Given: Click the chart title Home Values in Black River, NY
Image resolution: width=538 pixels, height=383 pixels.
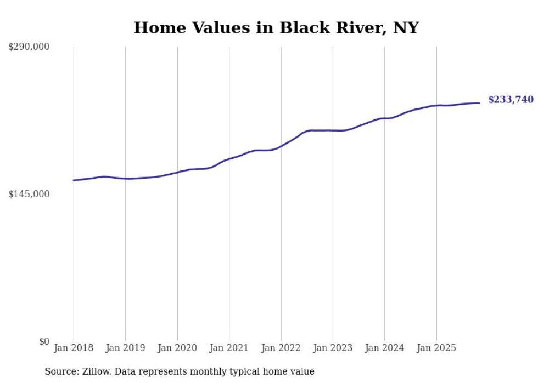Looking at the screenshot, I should point(276,27).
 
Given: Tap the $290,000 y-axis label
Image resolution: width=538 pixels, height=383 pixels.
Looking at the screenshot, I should point(29,47).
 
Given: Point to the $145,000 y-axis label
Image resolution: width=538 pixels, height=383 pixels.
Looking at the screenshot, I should point(29,195).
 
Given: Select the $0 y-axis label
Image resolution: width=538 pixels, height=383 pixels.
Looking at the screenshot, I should point(44,342).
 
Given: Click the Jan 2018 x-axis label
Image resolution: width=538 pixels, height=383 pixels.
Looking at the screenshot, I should point(74,348).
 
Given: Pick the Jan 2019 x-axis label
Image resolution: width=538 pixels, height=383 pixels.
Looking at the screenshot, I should point(125,348).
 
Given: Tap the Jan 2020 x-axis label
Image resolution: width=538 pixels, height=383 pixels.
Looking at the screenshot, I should point(177,348).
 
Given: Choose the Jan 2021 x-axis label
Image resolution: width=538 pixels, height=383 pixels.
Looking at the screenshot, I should point(229,348).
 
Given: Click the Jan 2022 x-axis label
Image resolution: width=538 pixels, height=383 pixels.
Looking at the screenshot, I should point(281,348).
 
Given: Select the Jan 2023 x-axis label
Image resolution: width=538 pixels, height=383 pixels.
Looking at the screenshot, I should point(333,348).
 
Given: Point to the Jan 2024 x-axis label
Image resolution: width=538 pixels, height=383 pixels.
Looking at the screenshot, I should point(385,348).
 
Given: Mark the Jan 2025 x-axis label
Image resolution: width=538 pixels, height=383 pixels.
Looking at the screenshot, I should point(436,348).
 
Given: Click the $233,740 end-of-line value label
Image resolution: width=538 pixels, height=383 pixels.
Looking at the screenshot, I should point(511,100).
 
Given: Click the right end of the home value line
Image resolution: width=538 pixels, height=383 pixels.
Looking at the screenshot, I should point(480,103).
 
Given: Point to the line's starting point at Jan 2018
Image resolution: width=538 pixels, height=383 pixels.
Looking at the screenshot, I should point(74,180).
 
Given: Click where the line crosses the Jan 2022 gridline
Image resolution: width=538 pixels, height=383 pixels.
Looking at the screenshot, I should point(281,146).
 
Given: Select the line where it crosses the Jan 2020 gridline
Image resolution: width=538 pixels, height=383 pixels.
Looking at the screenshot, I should point(177,172).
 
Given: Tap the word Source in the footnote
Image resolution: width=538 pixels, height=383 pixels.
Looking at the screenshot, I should point(59,371).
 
